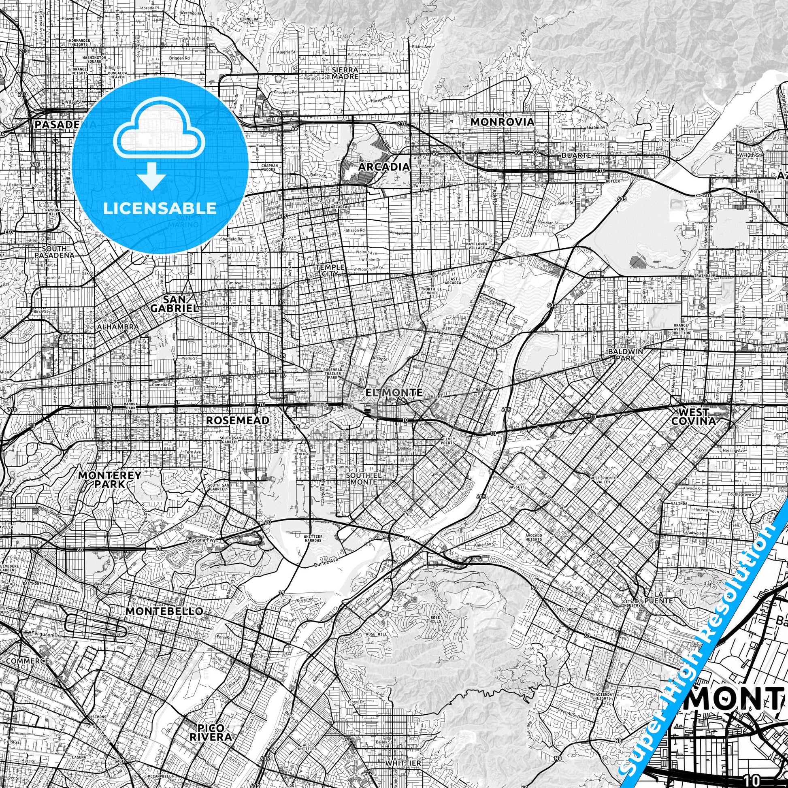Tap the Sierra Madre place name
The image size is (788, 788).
click(345, 72)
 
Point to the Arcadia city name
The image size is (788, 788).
click(384, 167)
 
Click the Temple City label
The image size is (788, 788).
click(330, 270)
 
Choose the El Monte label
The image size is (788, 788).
click(394, 392)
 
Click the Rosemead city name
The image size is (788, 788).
click(237, 420)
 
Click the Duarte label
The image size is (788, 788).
click(576, 155)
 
